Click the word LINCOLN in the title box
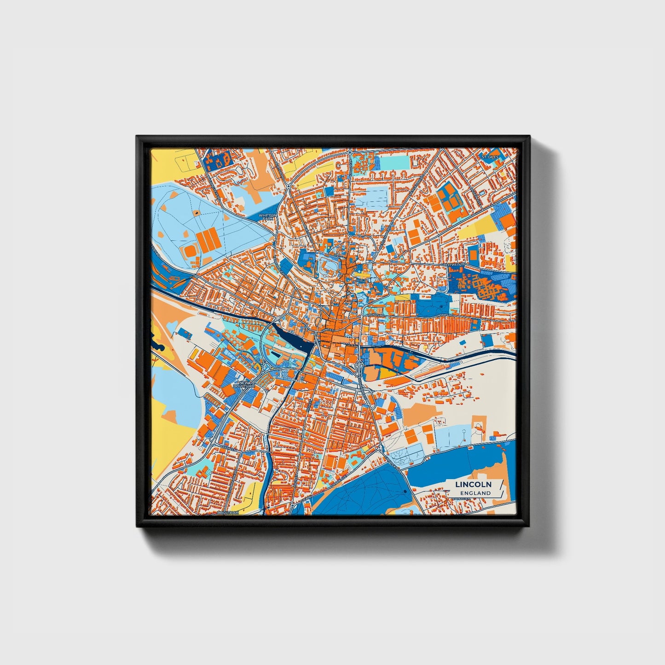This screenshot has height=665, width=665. tap(473, 485)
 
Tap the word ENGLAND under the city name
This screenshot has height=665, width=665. tap(475, 493)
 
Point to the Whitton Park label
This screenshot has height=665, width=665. tap(268, 216)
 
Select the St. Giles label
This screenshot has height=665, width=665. tap(490, 157)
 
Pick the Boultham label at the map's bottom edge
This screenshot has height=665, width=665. tap(228, 512)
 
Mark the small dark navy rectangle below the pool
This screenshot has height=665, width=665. tap(275, 355)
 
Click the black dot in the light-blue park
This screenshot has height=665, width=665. tap(196, 213)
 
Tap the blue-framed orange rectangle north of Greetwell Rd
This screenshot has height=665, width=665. tap(473, 254)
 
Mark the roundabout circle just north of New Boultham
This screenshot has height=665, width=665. tap(266, 367)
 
